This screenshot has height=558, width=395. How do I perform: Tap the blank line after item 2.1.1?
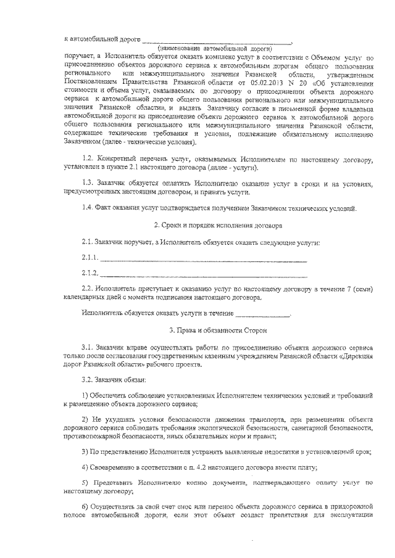pyautogui.click(x=204, y=259)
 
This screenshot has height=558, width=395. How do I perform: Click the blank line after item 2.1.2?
pyautogui.click(x=204, y=276)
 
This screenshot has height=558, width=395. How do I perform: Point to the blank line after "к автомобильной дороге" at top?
pyautogui.click(x=216, y=41)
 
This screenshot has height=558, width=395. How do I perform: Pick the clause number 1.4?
pyautogui.click(x=88, y=208)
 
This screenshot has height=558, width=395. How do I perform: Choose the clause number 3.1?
pyautogui.click(x=88, y=348)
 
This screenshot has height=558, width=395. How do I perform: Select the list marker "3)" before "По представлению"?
pyautogui.click(x=85, y=451)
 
